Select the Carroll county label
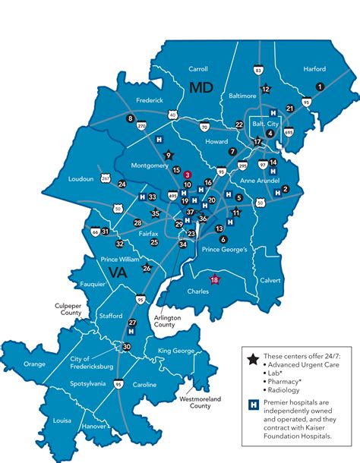pos(197,68)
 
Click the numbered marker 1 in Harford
pos(320,87)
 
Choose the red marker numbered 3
pos(187,174)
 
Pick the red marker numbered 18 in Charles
pos(214,280)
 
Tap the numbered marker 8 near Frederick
pos(131,118)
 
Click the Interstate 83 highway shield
pos(259,71)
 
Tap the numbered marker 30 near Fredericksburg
pos(127,346)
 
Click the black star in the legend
pos(252,357)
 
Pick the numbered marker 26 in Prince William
pos(147,268)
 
